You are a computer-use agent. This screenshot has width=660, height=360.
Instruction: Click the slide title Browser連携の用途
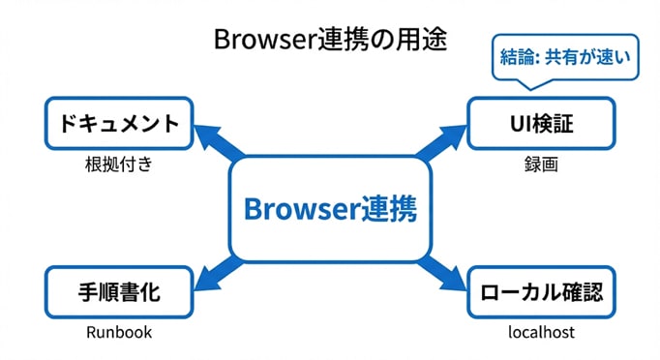(329, 42)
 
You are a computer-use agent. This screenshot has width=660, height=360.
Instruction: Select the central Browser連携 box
(330, 209)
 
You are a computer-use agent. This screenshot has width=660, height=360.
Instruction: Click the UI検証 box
(541, 124)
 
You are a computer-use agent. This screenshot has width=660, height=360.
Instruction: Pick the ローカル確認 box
(541, 291)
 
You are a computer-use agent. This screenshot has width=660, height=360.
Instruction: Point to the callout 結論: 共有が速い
(565, 56)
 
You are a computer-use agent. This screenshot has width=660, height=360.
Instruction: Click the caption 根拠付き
(119, 165)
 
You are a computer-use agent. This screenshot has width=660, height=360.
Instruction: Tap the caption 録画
(541, 165)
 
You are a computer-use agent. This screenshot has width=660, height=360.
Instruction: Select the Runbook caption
(119, 332)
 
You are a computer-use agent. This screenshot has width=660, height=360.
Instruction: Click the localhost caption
(541, 332)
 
